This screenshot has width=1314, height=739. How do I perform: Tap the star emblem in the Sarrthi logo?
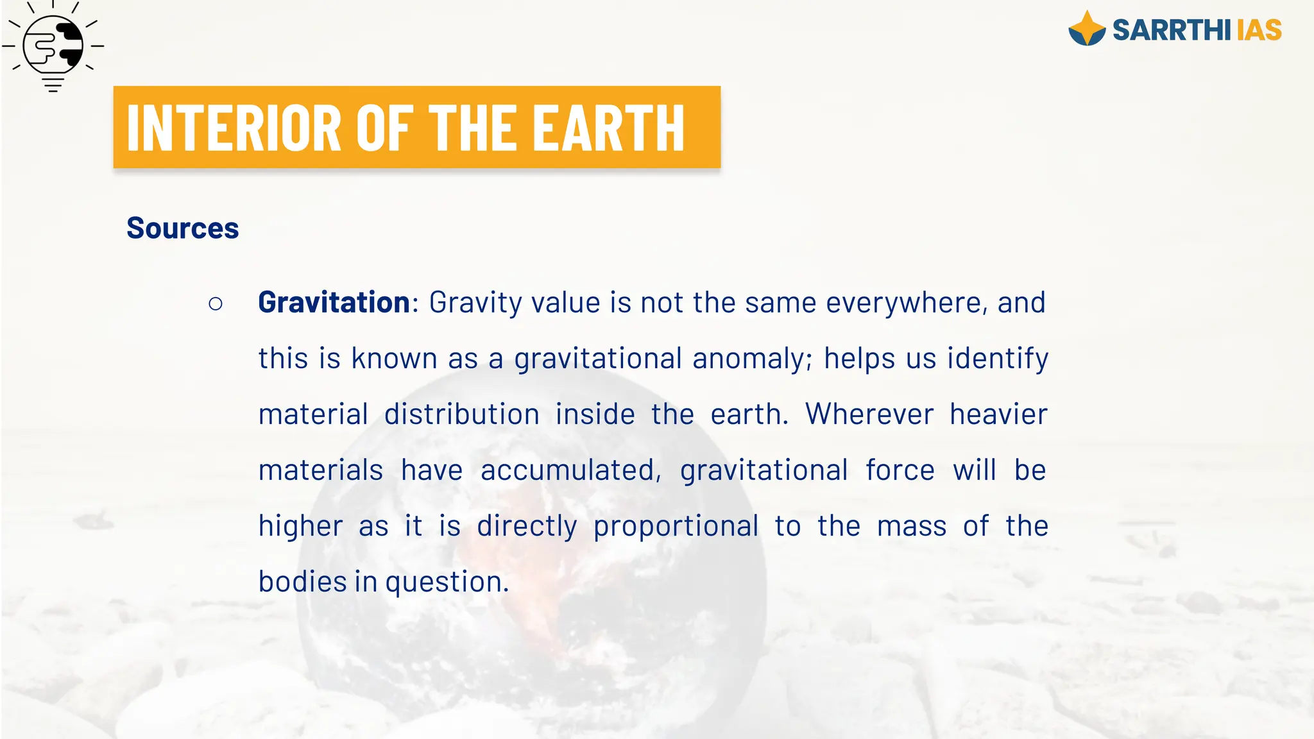[x=1087, y=29]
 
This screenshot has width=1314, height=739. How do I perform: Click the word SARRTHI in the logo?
[x=1172, y=30]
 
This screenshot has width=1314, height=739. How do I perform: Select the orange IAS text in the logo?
[x=1259, y=30]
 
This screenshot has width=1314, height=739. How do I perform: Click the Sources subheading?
[x=183, y=228]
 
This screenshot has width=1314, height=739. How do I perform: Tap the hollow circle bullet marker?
[x=216, y=303]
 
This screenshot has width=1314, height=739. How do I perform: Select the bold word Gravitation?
[x=334, y=302]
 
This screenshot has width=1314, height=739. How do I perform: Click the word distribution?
[x=462, y=414]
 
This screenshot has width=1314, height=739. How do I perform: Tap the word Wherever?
[x=869, y=414]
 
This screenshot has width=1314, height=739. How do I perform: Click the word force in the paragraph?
[x=900, y=470]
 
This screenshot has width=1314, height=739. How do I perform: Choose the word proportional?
[x=676, y=527]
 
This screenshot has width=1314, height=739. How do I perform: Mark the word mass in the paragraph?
[x=912, y=527]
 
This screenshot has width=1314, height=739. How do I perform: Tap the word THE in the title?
[x=473, y=128]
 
